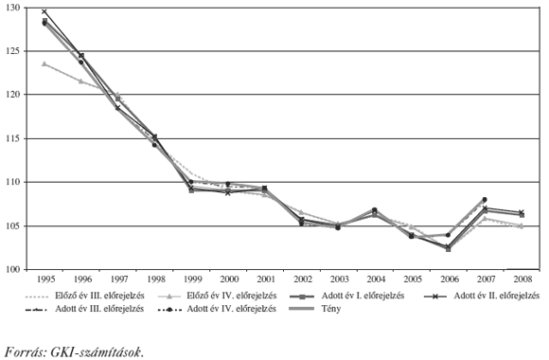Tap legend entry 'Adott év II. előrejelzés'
(495, 296)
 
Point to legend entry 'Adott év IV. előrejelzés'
(233, 309)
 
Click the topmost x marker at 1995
(44, 12)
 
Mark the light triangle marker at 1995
(44, 63)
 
